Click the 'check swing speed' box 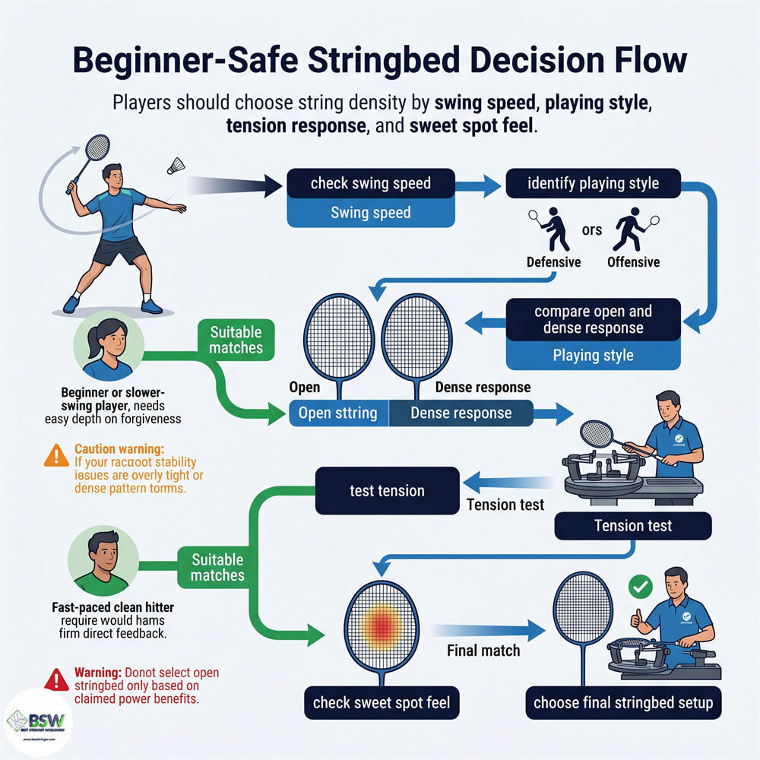(x=370, y=183)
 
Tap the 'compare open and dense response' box (x=593, y=320)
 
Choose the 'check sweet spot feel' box (x=380, y=701)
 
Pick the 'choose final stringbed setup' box (x=623, y=701)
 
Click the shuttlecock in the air (x=178, y=165)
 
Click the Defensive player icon (x=553, y=229)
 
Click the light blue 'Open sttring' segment (x=338, y=413)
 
